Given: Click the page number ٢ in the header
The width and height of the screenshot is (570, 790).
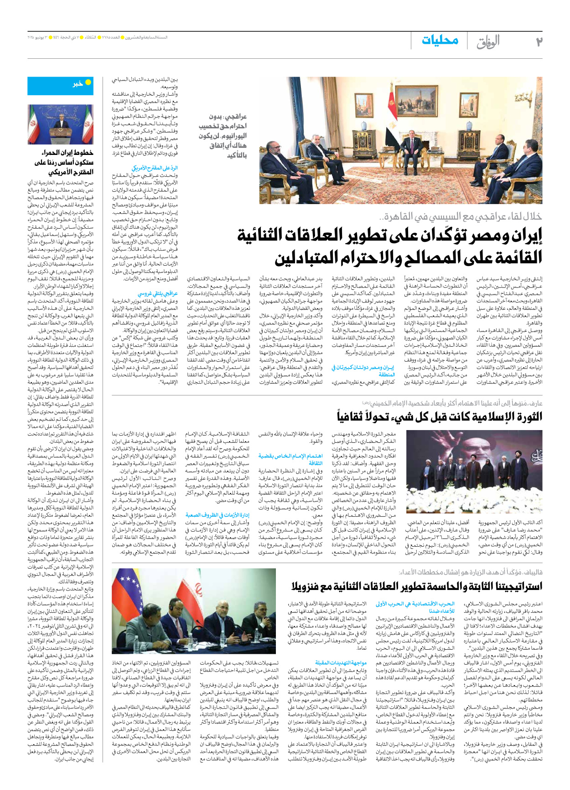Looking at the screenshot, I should pos(539,41).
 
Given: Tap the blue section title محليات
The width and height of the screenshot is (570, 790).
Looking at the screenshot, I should pos(440,41).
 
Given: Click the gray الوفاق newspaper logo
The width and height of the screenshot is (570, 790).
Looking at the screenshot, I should pos(488,42).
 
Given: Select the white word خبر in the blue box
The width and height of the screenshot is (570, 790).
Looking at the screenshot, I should pos(78,84).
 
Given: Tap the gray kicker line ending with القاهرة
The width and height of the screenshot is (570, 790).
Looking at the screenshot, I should pos(461,217).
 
